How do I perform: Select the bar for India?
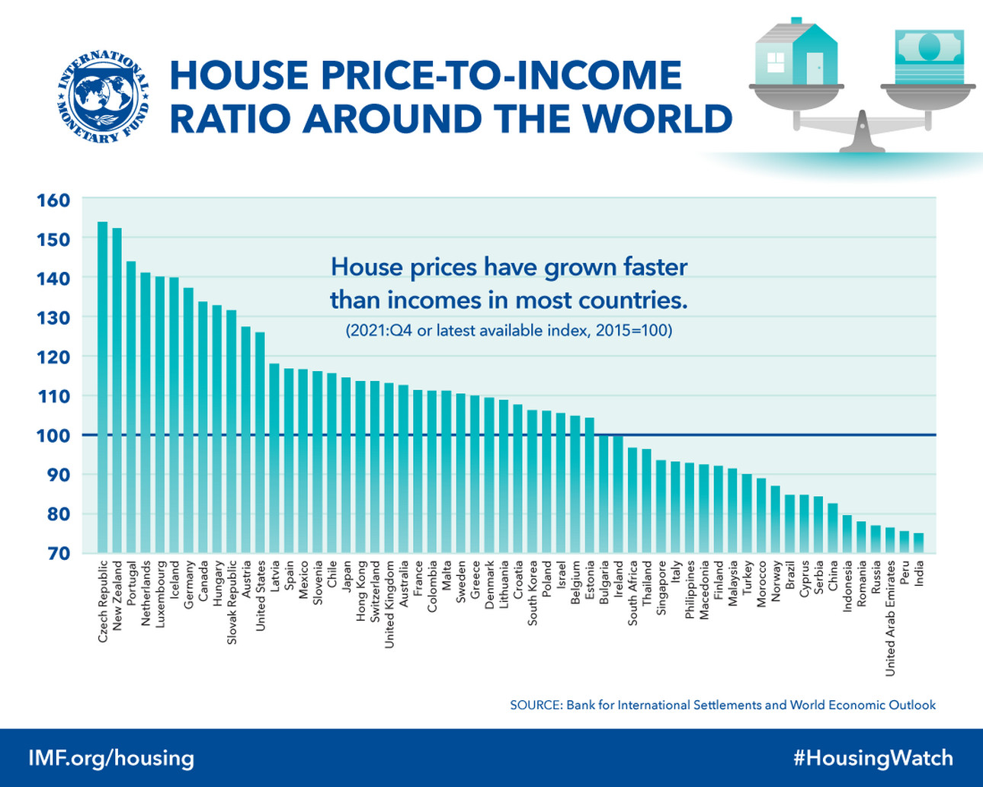919,543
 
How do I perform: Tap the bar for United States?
260,442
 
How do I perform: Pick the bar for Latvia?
274,458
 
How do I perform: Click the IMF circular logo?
102,98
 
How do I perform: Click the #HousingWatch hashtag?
873,758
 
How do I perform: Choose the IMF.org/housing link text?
111,758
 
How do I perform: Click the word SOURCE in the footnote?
535,705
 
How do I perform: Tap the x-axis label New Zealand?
117,595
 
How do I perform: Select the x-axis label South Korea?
533,593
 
